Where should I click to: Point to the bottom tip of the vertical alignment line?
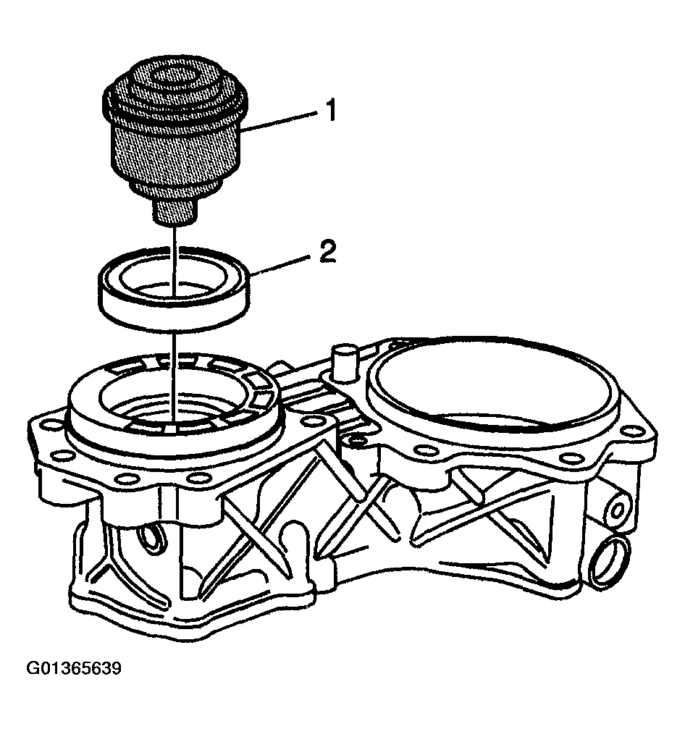pyautogui.click(x=175, y=419)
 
